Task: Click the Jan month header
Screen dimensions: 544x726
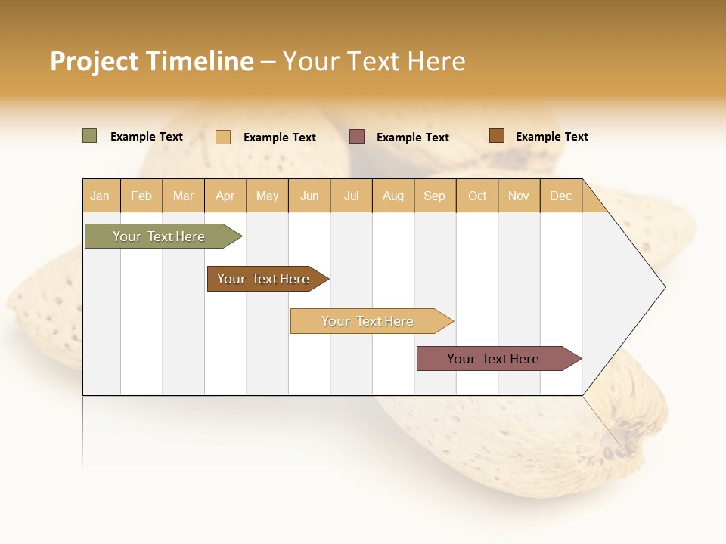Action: point(101,196)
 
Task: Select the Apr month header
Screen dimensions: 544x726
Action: point(225,196)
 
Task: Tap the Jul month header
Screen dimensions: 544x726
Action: point(351,196)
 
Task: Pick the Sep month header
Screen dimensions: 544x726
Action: point(434,196)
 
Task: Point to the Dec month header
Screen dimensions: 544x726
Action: point(560,196)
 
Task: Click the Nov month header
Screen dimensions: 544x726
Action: point(518,196)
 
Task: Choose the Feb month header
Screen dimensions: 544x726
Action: point(141,196)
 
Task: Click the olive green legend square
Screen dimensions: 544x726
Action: point(89,136)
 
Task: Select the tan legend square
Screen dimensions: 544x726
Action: point(222,137)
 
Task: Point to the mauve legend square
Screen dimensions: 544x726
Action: point(357,136)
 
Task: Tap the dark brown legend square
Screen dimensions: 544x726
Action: point(496,136)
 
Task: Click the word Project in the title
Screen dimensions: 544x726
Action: point(95,61)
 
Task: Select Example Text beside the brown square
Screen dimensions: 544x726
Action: point(551,136)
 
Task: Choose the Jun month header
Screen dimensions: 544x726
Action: point(309,196)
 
